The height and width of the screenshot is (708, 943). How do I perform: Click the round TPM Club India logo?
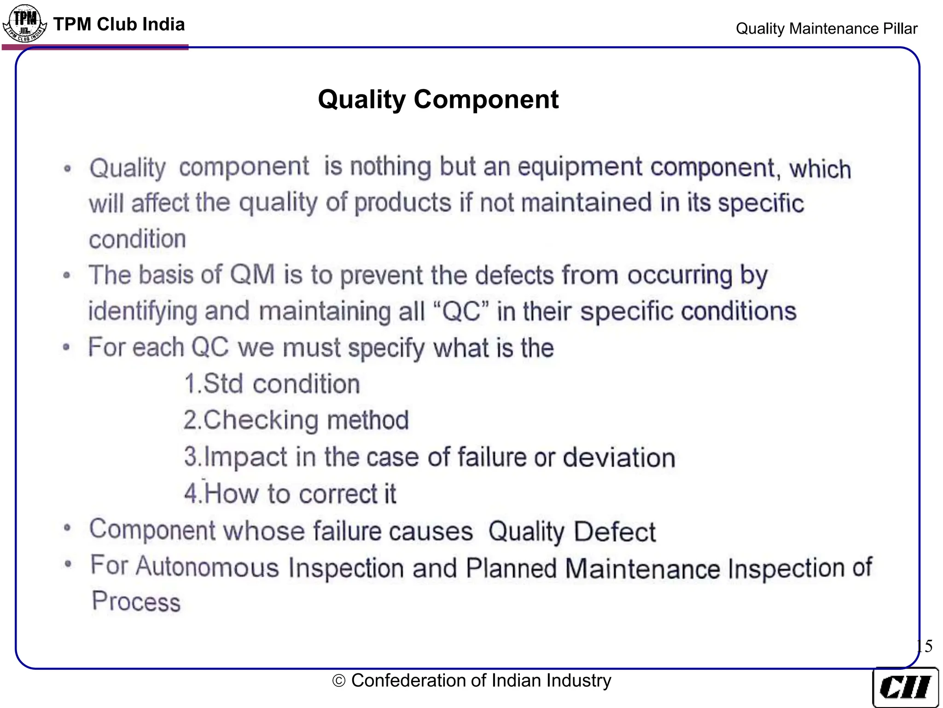click(25, 24)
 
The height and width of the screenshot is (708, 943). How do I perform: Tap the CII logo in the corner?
click(905, 687)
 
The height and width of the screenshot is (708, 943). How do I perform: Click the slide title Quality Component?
click(438, 100)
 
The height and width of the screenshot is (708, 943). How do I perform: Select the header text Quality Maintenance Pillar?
click(826, 29)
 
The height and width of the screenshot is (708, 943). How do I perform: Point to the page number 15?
click(924, 646)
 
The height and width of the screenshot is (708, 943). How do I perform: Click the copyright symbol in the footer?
click(339, 681)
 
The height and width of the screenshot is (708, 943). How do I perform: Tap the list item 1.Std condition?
click(272, 384)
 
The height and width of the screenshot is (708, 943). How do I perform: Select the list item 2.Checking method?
click(296, 420)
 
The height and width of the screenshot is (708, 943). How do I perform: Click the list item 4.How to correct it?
click(290, 494)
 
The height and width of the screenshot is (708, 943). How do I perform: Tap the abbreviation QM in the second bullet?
click(252, 275)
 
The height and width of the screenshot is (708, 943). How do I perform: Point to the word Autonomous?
click(208, 566)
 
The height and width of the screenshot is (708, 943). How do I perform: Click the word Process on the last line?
click(136, 602)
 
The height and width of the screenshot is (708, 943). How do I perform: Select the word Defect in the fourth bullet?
click(615, 531)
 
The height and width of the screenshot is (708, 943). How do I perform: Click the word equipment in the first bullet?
click(580, 167)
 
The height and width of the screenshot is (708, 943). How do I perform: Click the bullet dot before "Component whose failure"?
click(68, 527)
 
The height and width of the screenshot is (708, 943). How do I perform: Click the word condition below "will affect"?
click(138, 239)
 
